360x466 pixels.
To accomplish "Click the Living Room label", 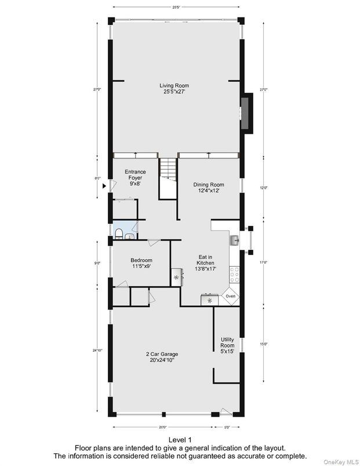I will coord(174,89).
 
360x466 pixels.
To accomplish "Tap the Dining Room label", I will coord(209,187).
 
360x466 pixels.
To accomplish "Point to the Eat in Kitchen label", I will coord(205,263).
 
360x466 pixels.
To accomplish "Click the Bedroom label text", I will coord(141,263).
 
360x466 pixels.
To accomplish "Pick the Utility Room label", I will coord(227,345).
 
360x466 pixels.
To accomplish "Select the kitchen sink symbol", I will coord(234,240).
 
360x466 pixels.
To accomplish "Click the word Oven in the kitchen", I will coord(230,296).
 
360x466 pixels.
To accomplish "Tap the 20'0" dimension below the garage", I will coord(162,428).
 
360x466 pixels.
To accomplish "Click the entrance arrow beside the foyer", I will coord(104,186).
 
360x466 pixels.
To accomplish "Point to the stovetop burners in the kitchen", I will coord(234,272).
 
